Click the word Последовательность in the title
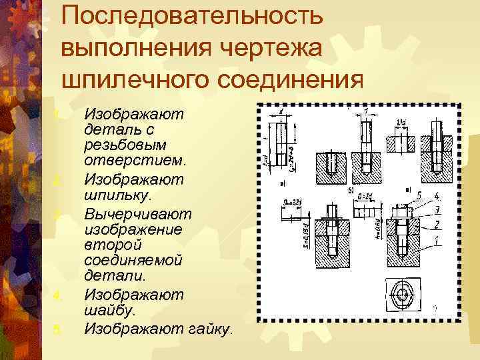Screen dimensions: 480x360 coord(193,17)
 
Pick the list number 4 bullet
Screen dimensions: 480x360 coord(58,295)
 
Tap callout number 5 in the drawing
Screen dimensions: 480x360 coord(419,195)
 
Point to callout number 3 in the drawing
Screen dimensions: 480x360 coord(436,210)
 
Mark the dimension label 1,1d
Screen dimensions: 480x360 coord(401,122)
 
